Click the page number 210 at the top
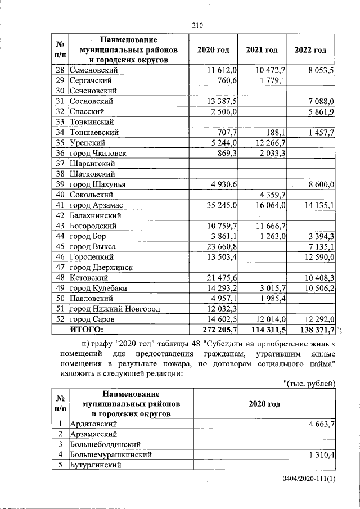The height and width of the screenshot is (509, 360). coord(197,25)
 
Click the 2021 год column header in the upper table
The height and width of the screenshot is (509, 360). coord(262,50)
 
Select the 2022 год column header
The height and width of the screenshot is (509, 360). coord(310,50)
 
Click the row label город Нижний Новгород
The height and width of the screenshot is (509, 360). coord(115,309)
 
